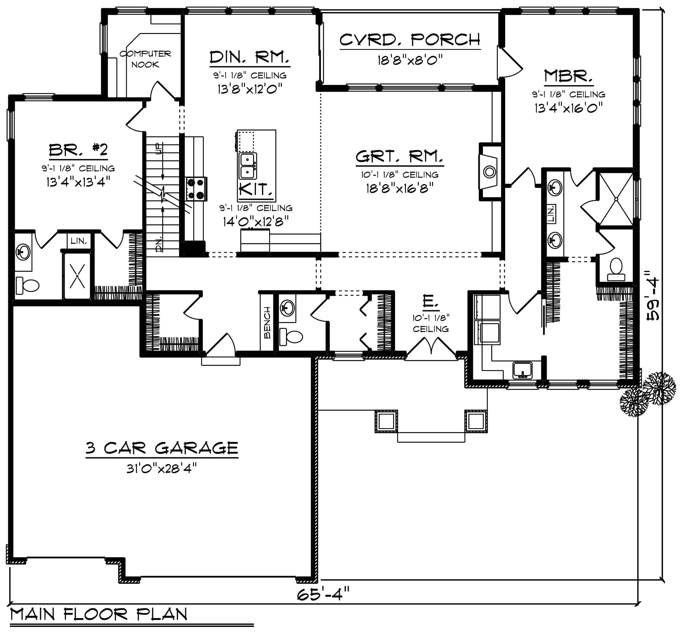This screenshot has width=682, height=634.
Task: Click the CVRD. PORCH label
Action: pos(410,40)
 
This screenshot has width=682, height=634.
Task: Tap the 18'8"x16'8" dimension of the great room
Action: pos(400,188)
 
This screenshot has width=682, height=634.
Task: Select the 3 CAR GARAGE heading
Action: pos(162,448)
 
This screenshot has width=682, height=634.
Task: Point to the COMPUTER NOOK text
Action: pos(145,59)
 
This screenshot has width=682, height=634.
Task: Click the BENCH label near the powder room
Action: pos(267,323)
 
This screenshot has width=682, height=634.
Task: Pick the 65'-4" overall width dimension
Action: pos(323,594)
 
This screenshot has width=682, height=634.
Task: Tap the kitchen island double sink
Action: pos(247,166)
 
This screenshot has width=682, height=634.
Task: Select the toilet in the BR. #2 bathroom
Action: pos(28,285)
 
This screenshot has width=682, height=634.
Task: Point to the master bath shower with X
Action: pos(616,199)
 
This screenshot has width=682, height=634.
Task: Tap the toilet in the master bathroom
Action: pos(616,270)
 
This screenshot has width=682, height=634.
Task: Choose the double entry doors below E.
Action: pos(431,349)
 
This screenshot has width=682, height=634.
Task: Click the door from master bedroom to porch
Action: pos(509,63)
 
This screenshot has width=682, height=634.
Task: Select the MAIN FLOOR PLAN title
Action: pos(99,614)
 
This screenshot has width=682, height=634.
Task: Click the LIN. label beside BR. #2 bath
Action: pos(78,241)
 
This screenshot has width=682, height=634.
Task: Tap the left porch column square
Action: pos(386,421)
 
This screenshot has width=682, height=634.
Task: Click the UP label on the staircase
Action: pos(159,149)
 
